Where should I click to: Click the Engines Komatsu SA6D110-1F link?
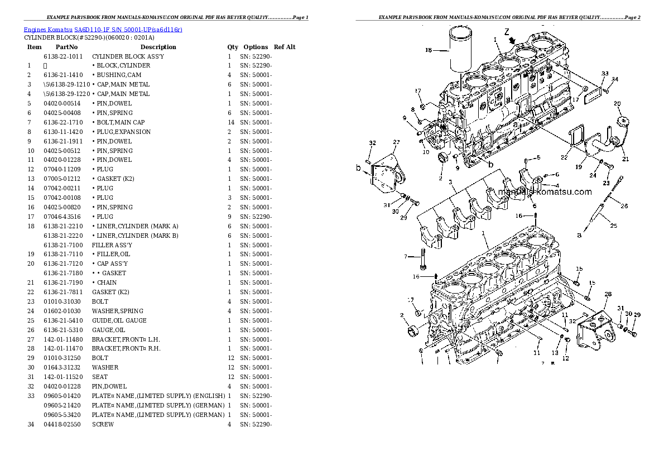103,29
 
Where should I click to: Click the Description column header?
158,47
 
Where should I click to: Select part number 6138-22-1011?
63,56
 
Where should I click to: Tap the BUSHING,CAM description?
119,75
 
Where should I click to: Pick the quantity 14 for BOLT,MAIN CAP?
229,122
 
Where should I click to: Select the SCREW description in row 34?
103,424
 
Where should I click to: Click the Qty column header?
233,47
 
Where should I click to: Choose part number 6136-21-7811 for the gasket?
63,292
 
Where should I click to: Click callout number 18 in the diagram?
428,50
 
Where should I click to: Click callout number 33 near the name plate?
605,74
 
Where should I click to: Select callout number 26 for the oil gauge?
624,206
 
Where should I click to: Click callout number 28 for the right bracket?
608,294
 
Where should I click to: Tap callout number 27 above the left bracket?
396,142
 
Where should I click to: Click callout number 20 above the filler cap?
617,103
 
